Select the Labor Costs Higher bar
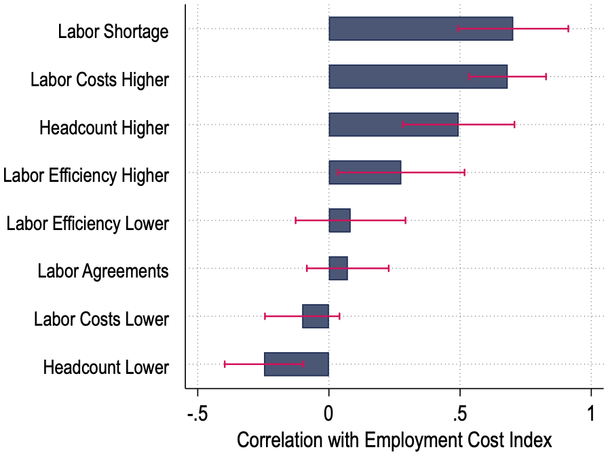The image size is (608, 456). tap(407, 77)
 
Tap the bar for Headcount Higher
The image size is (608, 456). tap(380, 125)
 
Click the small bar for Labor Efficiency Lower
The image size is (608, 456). tap(339, 221)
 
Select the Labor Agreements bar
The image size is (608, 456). tap(338, 268)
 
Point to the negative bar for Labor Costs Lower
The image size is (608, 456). tap(316, 316)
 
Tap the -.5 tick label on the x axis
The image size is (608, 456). tap(197, 413)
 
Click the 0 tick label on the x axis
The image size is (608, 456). tap(328, 413)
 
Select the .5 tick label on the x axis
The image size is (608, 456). tap(459, 413)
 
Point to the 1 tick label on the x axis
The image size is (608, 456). tap(591, 413)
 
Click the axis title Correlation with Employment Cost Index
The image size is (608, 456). tap(394, 440)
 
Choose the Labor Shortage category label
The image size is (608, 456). tap(113, 31)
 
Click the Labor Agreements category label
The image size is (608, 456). tap(102, 271)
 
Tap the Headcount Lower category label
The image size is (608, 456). tap(105, 368)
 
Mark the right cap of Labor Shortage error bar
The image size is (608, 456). tap(568, 29)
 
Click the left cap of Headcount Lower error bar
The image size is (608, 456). tap(225, 364)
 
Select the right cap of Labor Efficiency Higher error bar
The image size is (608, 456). tap(464, 172)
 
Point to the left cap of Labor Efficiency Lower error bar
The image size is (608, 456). tap(296, 221)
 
